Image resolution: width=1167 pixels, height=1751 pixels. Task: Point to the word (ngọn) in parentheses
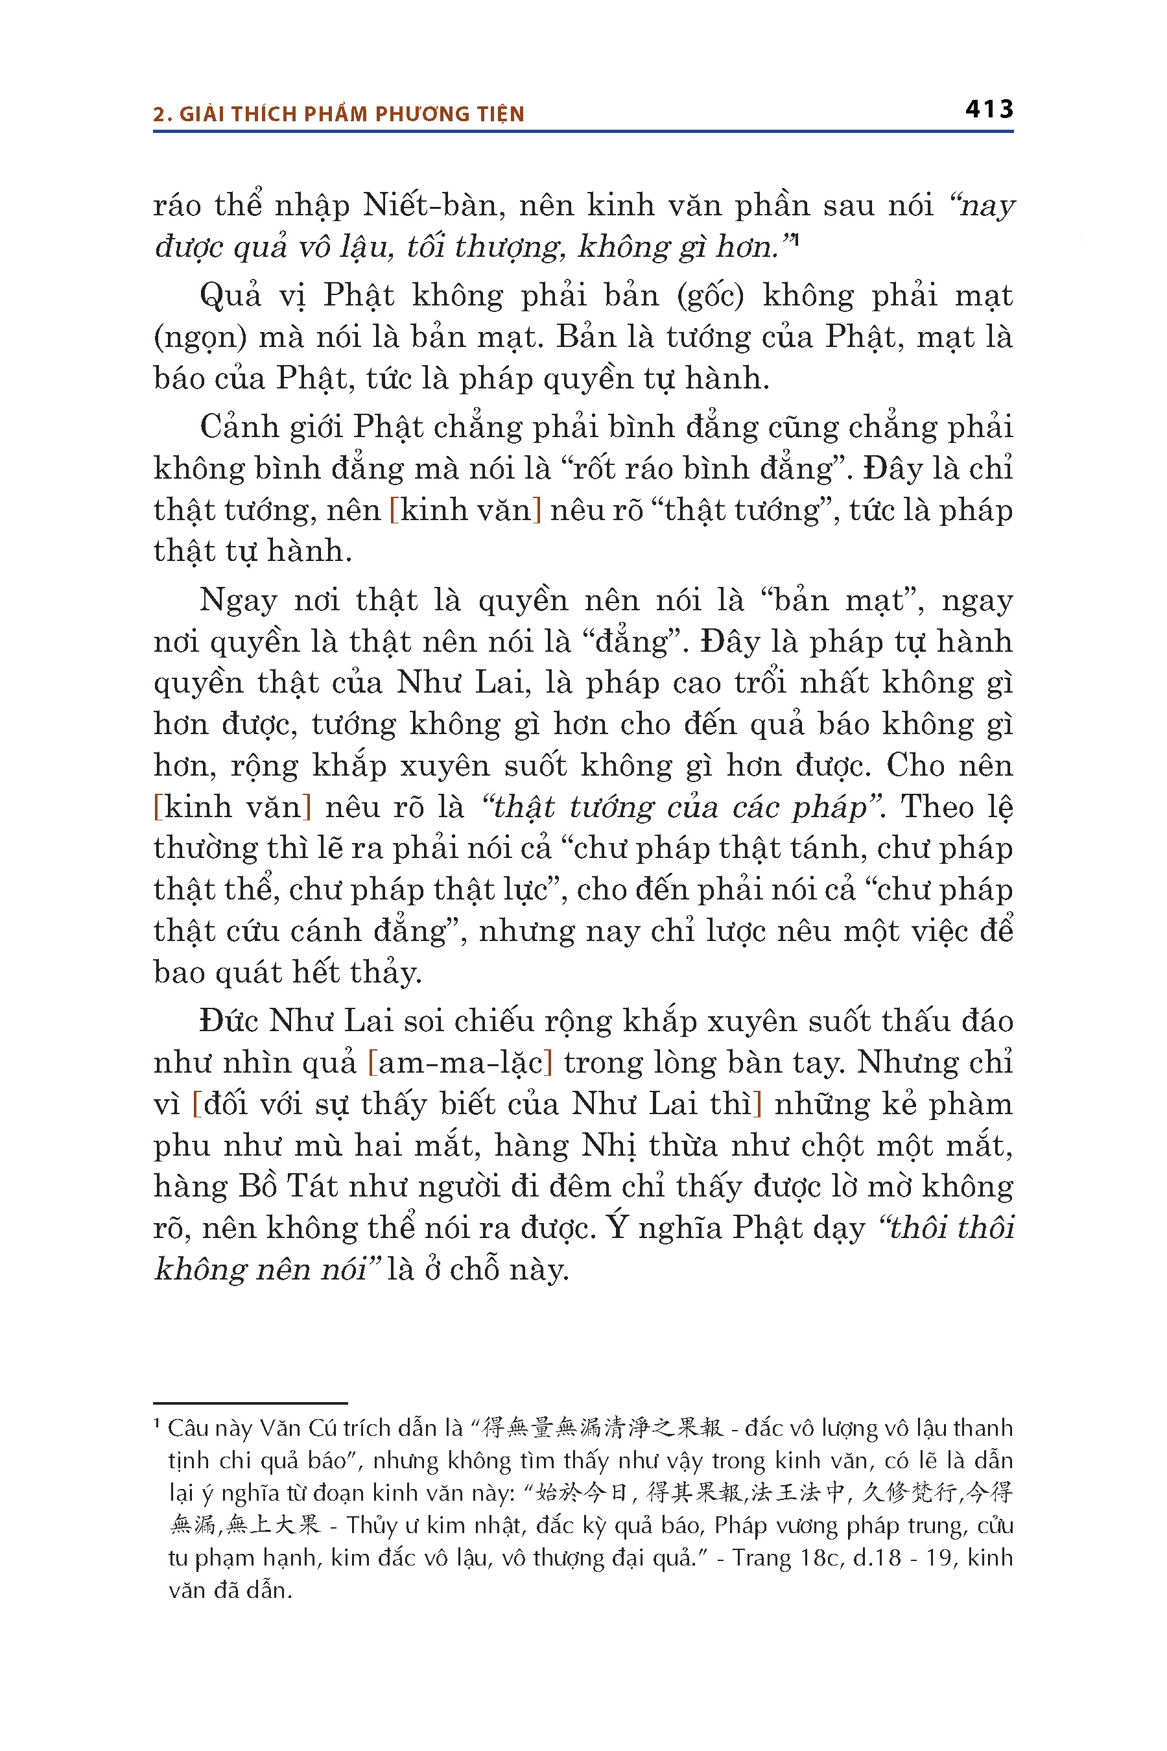click(200, 338)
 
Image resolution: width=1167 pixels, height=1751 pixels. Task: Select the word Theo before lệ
click(937, 807)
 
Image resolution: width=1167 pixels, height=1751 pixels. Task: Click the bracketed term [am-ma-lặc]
click(460, 1063)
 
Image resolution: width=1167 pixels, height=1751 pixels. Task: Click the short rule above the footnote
click(250, 1403)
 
